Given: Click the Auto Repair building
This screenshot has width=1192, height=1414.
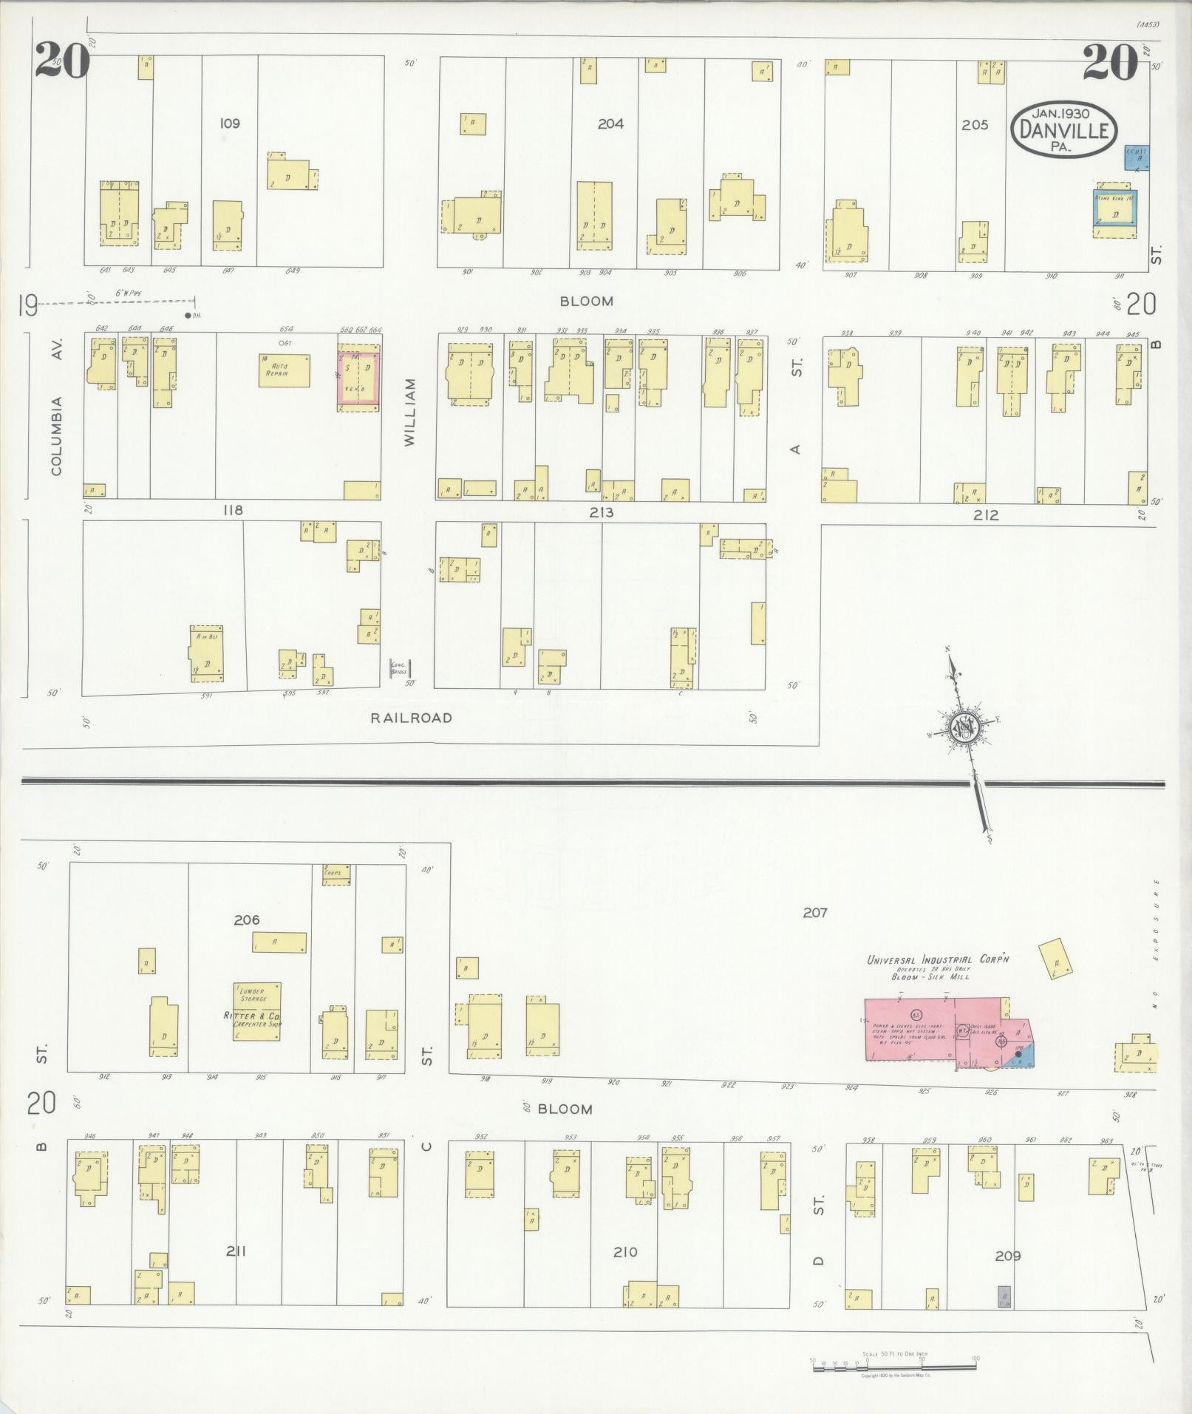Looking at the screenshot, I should click(284, 370).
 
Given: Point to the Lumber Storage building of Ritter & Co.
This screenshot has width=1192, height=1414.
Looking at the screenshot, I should click(257, 1011).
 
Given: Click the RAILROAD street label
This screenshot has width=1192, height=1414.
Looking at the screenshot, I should click(411, 718).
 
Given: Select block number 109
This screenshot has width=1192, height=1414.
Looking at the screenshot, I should click(230, 123).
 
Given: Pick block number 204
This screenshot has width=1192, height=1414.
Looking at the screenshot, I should click(610, 123).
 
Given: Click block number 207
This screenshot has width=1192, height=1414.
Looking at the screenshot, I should click(815, 913).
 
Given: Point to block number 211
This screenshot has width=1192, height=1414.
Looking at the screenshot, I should click(236, 1251).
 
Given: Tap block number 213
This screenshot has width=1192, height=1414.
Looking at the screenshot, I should click(602, 511).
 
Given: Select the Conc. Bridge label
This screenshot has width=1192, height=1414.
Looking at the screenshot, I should click(399, 669).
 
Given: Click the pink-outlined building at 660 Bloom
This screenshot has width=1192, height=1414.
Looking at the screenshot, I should click(359, 379).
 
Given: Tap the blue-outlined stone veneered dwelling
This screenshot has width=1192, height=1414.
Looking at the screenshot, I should click(1115, 214).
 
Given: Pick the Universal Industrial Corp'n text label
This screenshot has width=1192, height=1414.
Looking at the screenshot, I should click(938, 959).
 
